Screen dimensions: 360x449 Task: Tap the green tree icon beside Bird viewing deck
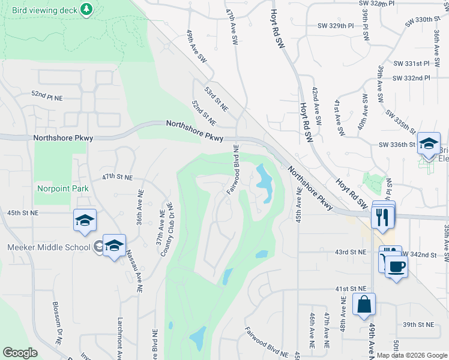point(87,9)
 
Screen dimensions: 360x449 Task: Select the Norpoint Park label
point(62,188)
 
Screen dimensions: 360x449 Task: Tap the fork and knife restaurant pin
point(382,217)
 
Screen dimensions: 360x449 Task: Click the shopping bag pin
point(364,305)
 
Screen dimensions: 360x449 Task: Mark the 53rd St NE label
point(216,99)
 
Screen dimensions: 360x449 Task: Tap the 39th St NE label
point(418,324)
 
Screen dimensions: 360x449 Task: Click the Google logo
point(20,353)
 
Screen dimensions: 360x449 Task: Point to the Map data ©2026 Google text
point(412,355)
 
